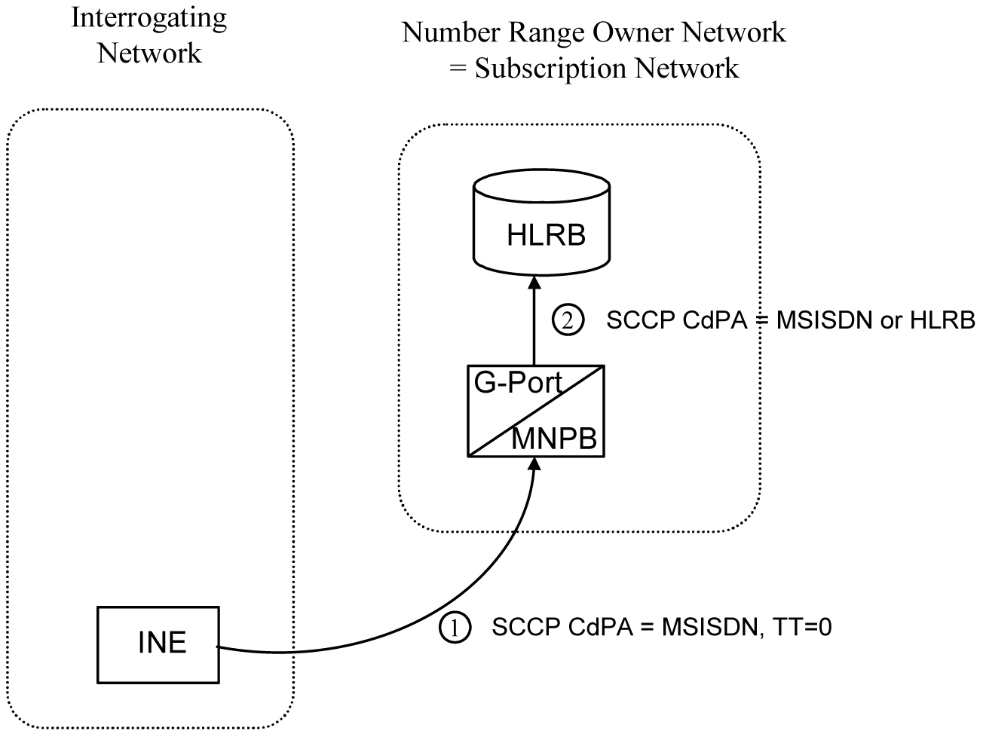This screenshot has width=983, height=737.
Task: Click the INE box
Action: click(x=158, y=644)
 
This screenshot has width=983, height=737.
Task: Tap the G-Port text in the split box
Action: click(x=517, y=384)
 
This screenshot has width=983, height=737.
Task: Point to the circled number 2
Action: click(x=567, y=320)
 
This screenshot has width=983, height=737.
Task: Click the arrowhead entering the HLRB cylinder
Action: click(x=534, y=282)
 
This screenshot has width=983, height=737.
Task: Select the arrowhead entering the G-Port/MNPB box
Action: click(x=534, y=463)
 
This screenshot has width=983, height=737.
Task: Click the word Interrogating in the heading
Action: click(x=149, y=18)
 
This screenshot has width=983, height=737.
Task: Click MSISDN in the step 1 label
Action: click(x=707, y=628)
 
